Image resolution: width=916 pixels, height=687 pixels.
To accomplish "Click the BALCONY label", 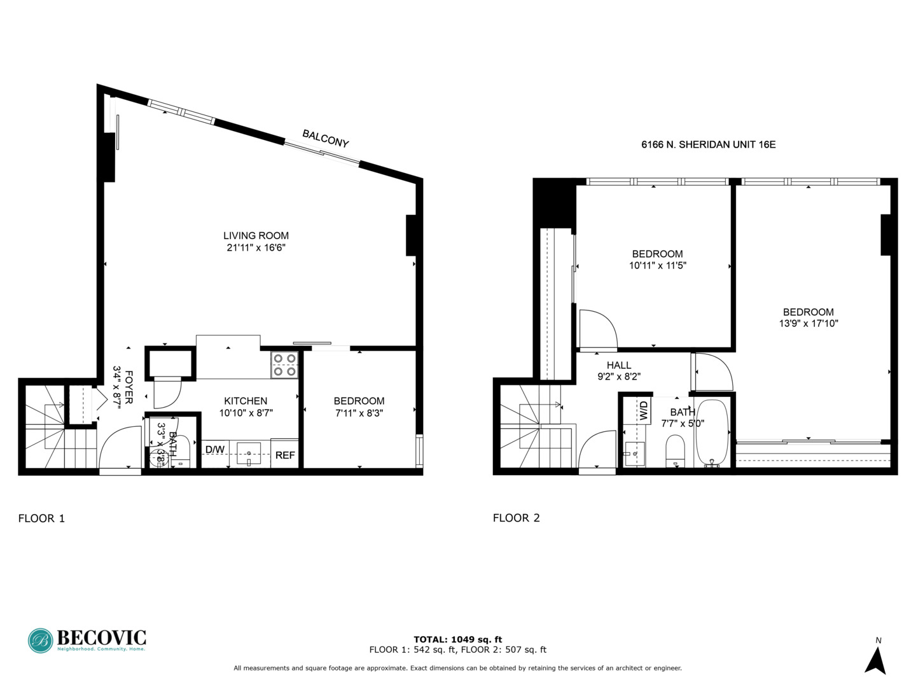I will (x=325, y=139).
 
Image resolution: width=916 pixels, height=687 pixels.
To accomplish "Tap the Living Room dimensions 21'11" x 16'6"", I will (x=256, y=247).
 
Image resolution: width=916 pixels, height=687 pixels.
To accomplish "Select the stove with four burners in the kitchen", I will (x=284, y=365).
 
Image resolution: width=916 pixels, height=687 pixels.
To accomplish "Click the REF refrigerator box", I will (x=285, y=454).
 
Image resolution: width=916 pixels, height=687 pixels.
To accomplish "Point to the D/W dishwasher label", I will (x=214, y=450).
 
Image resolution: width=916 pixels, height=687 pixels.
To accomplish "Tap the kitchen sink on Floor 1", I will (x=248, y=454).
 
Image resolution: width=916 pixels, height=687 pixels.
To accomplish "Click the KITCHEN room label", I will (x=246, y=401).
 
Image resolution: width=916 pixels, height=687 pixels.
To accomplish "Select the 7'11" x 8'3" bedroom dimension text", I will (x=359, y=413).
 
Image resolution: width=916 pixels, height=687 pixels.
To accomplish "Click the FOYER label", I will (x=129, y=387).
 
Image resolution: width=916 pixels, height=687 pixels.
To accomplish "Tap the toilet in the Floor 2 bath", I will (x=675, y=450).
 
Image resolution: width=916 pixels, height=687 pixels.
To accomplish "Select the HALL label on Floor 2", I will (x=618, y=365).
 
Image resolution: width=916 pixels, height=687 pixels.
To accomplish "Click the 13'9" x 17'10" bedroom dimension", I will (x=808, y=323).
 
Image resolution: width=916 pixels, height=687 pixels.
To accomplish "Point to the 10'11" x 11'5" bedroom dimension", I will (x=657, y=265).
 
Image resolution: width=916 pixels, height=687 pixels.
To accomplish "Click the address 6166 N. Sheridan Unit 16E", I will (x=708, y=144).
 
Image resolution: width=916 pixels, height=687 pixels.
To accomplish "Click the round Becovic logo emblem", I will (x=40, y=641).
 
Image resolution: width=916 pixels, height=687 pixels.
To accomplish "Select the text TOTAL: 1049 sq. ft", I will (x=457, y=639).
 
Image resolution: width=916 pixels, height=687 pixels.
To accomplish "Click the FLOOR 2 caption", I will (x=516, y=518).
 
